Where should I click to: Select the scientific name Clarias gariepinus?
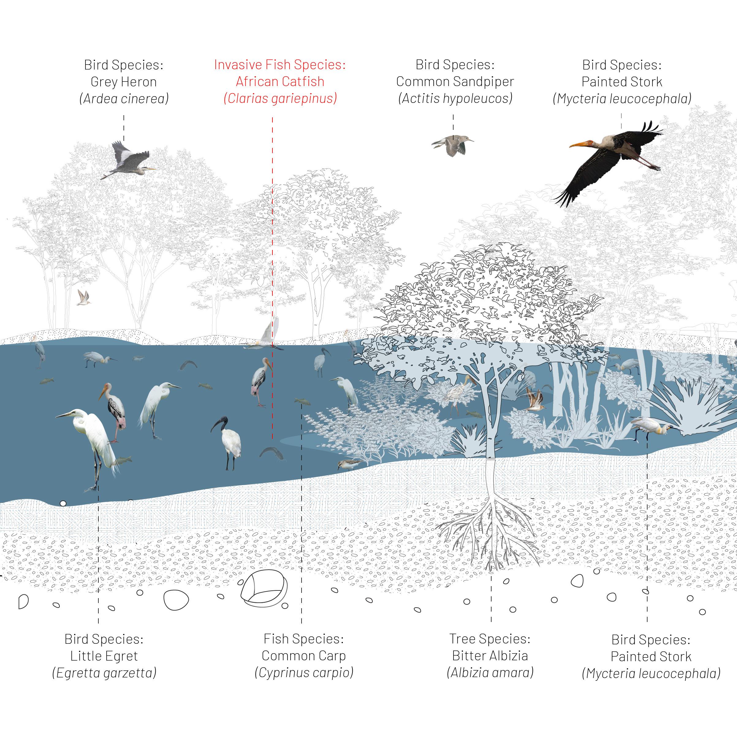tap(280, 99)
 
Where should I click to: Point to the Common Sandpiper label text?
tap(455, 81)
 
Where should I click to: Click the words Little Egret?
tap(104, 656)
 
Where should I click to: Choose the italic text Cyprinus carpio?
tap(304, 673)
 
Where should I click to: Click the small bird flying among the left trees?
tap(83, 298)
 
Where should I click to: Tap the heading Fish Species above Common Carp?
tap(304, 639)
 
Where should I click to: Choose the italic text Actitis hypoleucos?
tap(455, 99)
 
